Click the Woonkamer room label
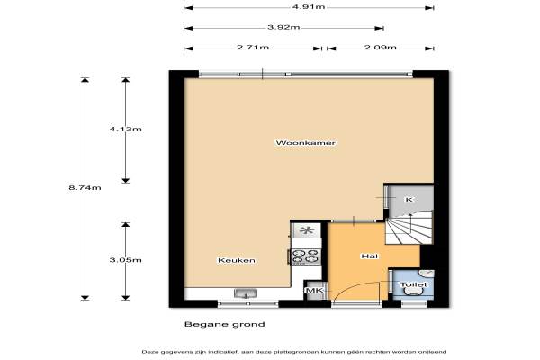click(x=305, y=142)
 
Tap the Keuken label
click(x=237, y=260)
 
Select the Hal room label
click(x=370, y=256)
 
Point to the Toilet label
click(x=413, y=284)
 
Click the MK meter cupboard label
click(x=315, y=291)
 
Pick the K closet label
click(x=409, y=200)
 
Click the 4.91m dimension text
click(x=309, y=6)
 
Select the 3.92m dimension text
click(x=283, y=27)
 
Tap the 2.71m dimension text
click(x=253, y=47)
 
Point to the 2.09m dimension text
click(x=380, y=47)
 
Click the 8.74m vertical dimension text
click(x=85, y=188)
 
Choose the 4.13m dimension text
click(x=125, y=130)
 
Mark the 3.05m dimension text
click(x=125, y=260)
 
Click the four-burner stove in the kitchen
click(x=306, y=256)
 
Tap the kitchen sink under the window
click(x=246, y=293)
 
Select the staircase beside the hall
click(x=409, y=228)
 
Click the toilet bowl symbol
click(x=413, y=292)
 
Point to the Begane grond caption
click(x=224, y=324)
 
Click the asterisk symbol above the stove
click(x=306, y=230)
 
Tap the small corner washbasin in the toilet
click(x=427, y=274)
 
